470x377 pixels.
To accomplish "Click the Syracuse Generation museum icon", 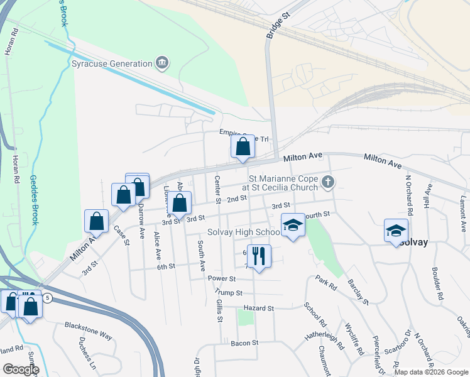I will point(163,63).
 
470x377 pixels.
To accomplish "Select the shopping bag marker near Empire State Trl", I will point(243,147).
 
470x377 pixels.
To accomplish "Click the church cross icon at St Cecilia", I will point(327,182).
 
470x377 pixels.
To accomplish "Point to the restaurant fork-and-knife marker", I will point(259,255).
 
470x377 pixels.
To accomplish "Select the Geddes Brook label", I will point(35,200).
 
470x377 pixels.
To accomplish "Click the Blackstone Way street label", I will point(88,331).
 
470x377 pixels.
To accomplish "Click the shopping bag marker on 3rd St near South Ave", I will point(180,203).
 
